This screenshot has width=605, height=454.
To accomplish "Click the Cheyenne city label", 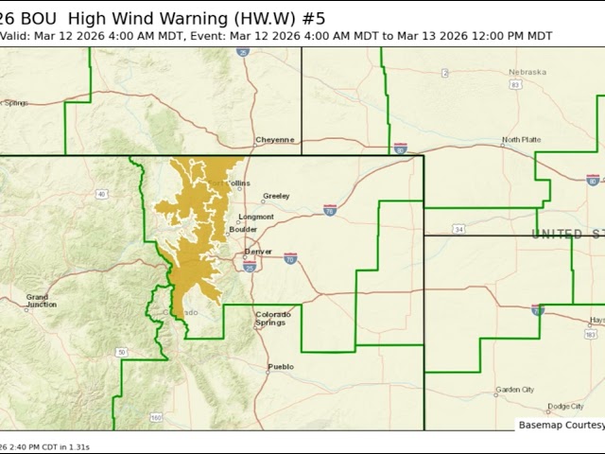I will [x=274, y=140].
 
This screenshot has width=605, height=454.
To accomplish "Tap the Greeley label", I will [x=276, y=196].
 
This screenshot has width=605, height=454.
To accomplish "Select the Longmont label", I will [x=256, y=217].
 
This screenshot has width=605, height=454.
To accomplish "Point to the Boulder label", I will [x=243, y=229].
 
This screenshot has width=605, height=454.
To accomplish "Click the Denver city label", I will [x=258, y=252].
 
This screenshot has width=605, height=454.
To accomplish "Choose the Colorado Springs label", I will [x=271, y=319].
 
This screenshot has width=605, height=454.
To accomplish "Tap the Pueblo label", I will [x=281, y=366].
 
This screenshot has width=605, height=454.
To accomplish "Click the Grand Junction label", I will [x=42, y=301].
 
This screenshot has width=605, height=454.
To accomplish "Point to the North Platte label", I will [x=521, y=139].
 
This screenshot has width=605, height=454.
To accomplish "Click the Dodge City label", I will [x=564, y=406].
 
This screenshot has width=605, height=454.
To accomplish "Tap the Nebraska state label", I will [x=527, y=72].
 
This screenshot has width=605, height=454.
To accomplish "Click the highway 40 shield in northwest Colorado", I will [x=101, y=194].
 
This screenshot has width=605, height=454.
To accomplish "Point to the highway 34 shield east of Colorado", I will [x=458, y=229].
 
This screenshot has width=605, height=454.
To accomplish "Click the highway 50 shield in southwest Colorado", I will [x=121, y=352].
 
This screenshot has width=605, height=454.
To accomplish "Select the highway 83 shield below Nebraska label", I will [x=515, y=85].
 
